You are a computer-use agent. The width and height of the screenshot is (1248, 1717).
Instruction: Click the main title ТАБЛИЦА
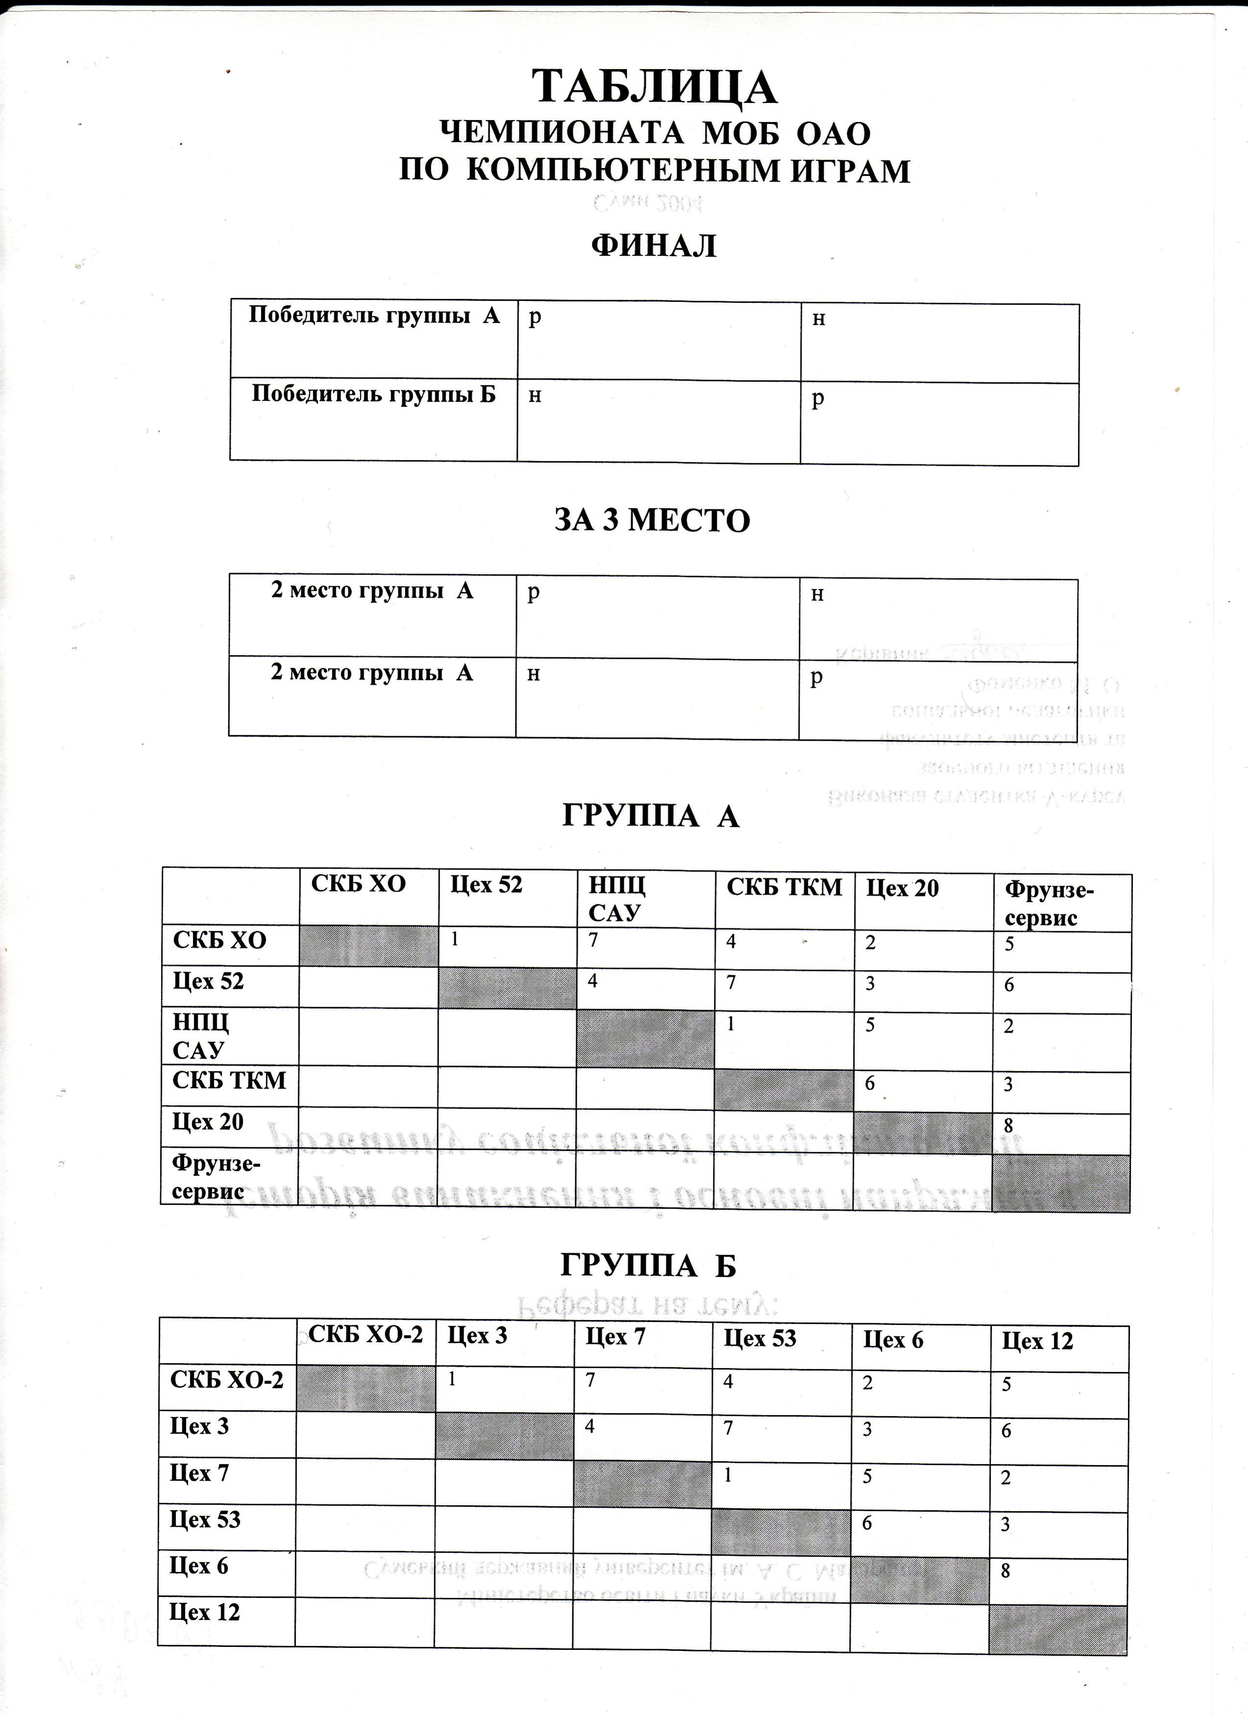click(x=656, y=87)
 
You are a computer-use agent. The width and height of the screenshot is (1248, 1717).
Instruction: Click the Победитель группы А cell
click(x=374, y=316)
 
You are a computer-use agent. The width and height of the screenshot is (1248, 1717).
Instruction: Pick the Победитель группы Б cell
click(x=374, y=395)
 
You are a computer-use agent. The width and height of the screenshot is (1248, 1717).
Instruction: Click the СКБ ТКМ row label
click(x=229, y=1080)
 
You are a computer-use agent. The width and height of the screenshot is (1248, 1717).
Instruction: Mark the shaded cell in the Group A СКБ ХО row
click(x=368, y=946)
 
